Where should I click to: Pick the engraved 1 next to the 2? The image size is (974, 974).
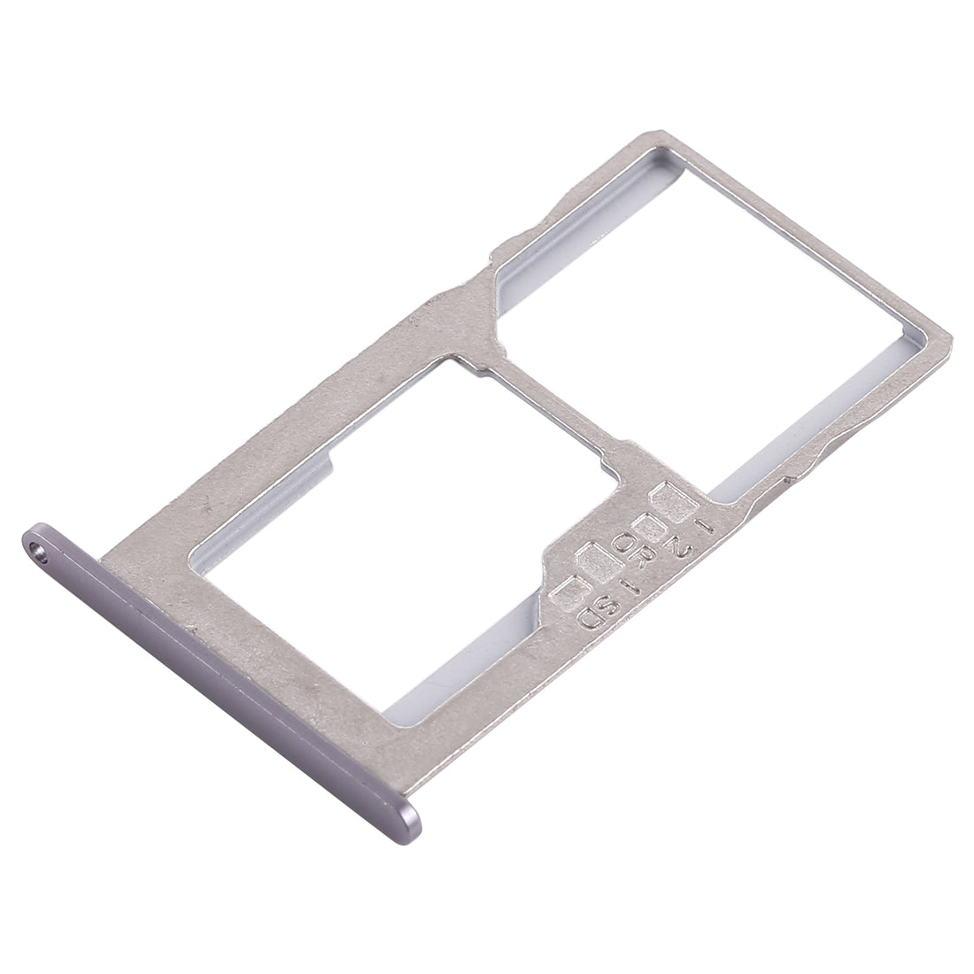pos(705,526)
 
